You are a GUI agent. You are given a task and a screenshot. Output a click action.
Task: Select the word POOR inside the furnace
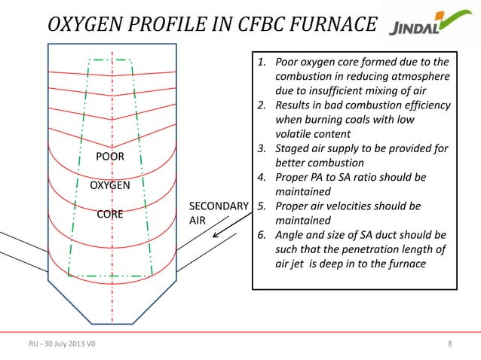pyautogui.click(x=110, y=157)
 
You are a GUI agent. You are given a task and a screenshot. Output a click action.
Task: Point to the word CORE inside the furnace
pyautogui.click(x=110, y=214)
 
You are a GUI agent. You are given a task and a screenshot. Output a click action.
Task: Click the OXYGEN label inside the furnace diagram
pyautogui.click(x=110, y=185)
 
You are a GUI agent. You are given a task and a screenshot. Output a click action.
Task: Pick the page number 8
pyautogui.click(x=450, y=345)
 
